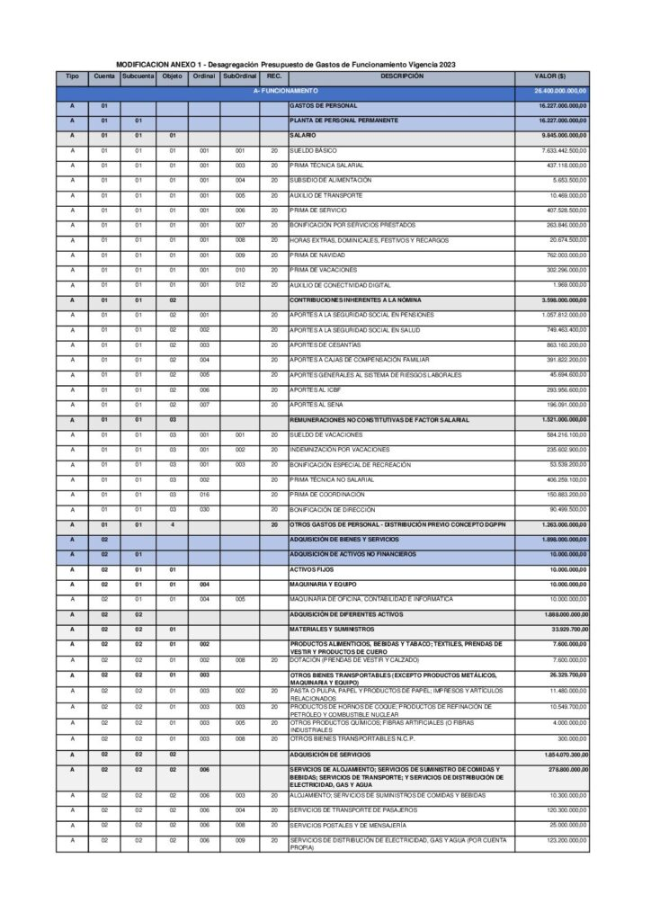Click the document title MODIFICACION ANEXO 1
pyautogui.click(x=286, y=65)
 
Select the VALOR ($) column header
pyautogui.click(x=549, y=76)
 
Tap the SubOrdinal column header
pyautogui.click(x=239, y=76)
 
